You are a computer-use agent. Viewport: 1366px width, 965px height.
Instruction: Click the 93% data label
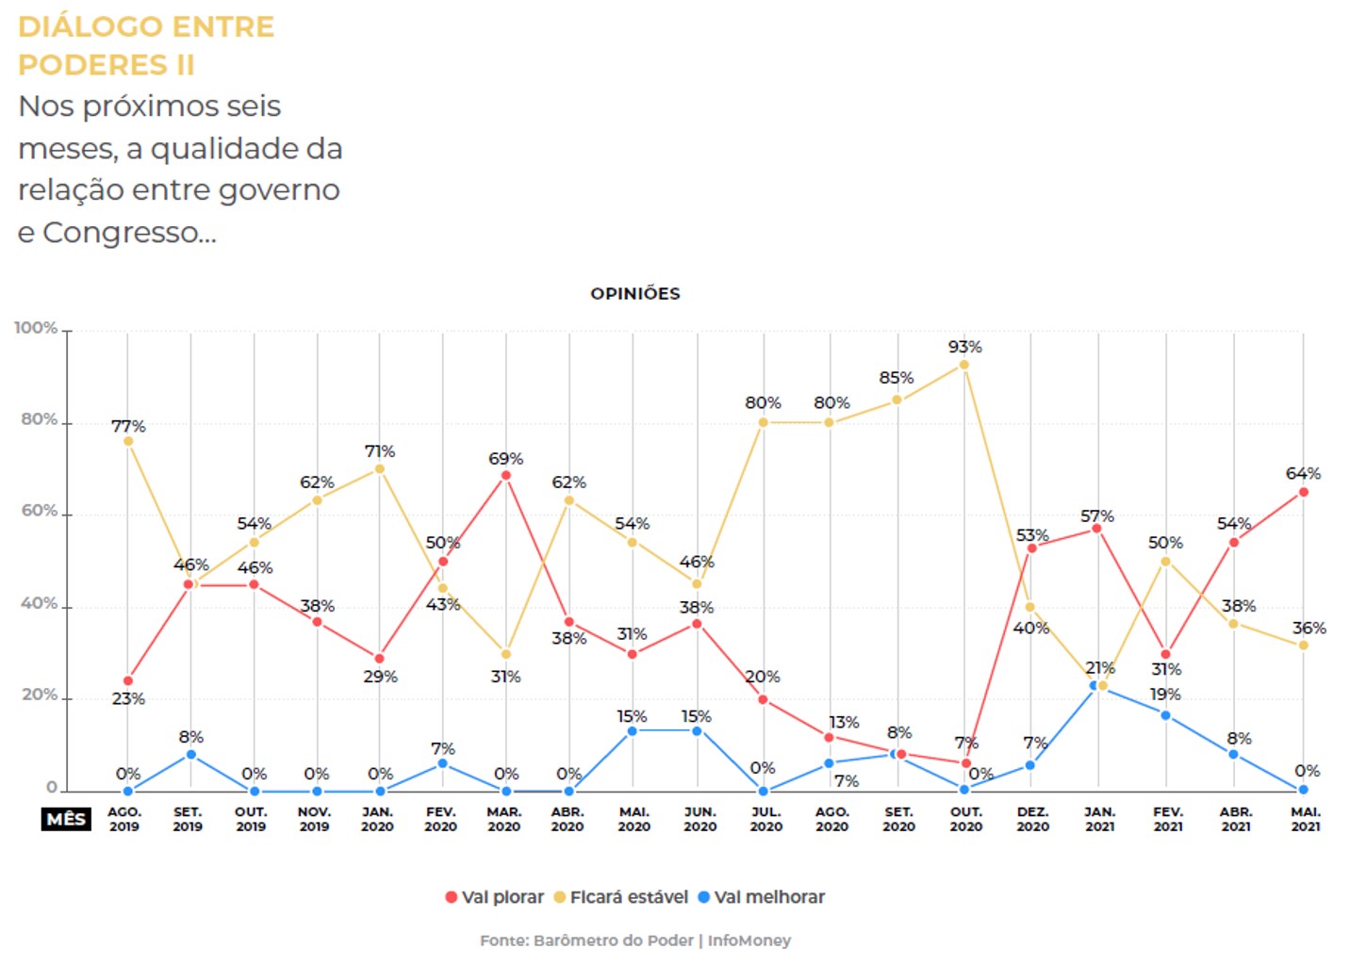coord(964,347)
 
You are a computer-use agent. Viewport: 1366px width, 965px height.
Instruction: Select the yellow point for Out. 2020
coord(964,365)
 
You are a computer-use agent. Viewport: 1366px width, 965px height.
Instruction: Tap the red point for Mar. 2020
coord(506,476)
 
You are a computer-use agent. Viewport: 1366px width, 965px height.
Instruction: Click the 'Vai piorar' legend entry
coord(494,897)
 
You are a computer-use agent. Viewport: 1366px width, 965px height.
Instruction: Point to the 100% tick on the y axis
coord(36,328)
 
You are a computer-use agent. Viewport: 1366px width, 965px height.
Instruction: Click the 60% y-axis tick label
coord(40,511)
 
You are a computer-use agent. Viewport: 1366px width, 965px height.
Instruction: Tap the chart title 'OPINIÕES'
coord(635,294)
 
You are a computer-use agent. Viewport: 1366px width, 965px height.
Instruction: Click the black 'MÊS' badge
coord(66,819)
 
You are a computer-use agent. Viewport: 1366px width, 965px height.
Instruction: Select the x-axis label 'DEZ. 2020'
coord(1032,819)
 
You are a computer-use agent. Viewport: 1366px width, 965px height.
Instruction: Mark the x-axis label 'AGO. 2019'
coord(124,819)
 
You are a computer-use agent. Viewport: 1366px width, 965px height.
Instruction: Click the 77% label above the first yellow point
coord(128,426)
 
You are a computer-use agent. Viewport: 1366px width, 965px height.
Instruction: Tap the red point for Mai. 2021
coord(1304,492)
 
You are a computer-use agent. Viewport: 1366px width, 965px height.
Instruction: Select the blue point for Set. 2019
coord(191,754)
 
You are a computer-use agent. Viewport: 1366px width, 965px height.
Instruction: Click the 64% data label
coord(1303,473)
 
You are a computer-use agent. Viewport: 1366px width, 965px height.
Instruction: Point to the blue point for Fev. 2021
coord(1166,715)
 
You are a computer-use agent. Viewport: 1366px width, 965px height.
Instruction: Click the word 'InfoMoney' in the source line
coord(749,940)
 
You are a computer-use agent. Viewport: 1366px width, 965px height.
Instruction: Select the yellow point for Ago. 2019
coord(128,441)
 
